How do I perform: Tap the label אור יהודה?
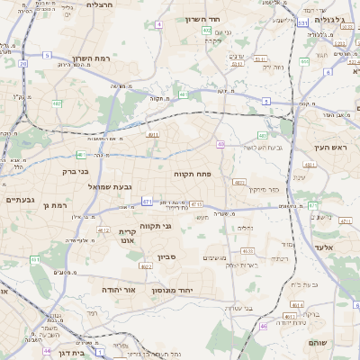click(117, 291)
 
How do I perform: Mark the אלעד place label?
click(324, 247)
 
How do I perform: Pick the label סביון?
click(166, 257)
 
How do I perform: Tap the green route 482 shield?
click(57, 103)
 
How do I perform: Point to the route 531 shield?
click(302, 22)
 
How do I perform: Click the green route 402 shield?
click(207, 31)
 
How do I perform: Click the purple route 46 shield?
click(264, 326)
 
